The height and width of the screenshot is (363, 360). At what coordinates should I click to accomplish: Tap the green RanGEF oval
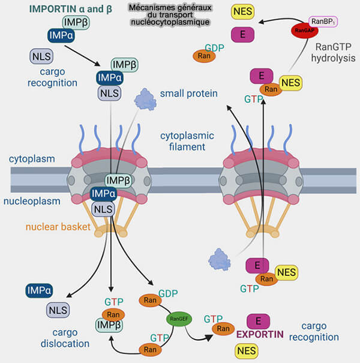[178, 319]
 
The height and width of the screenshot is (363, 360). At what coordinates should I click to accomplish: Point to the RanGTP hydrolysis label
[334, 52]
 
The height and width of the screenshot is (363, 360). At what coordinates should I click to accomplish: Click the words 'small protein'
[188, 94]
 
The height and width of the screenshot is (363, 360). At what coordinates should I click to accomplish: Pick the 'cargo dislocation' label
[66, 338]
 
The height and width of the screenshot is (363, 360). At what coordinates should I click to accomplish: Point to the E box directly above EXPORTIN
[258, 320]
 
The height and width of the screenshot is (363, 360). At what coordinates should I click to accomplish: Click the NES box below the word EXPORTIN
[247, 350]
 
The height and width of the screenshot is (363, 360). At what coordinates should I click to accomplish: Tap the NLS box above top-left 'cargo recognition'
[42, 56]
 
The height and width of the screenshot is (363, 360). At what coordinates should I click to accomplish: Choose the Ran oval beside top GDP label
[205, 55]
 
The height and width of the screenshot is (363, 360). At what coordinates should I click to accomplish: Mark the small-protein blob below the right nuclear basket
[220, 259]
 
